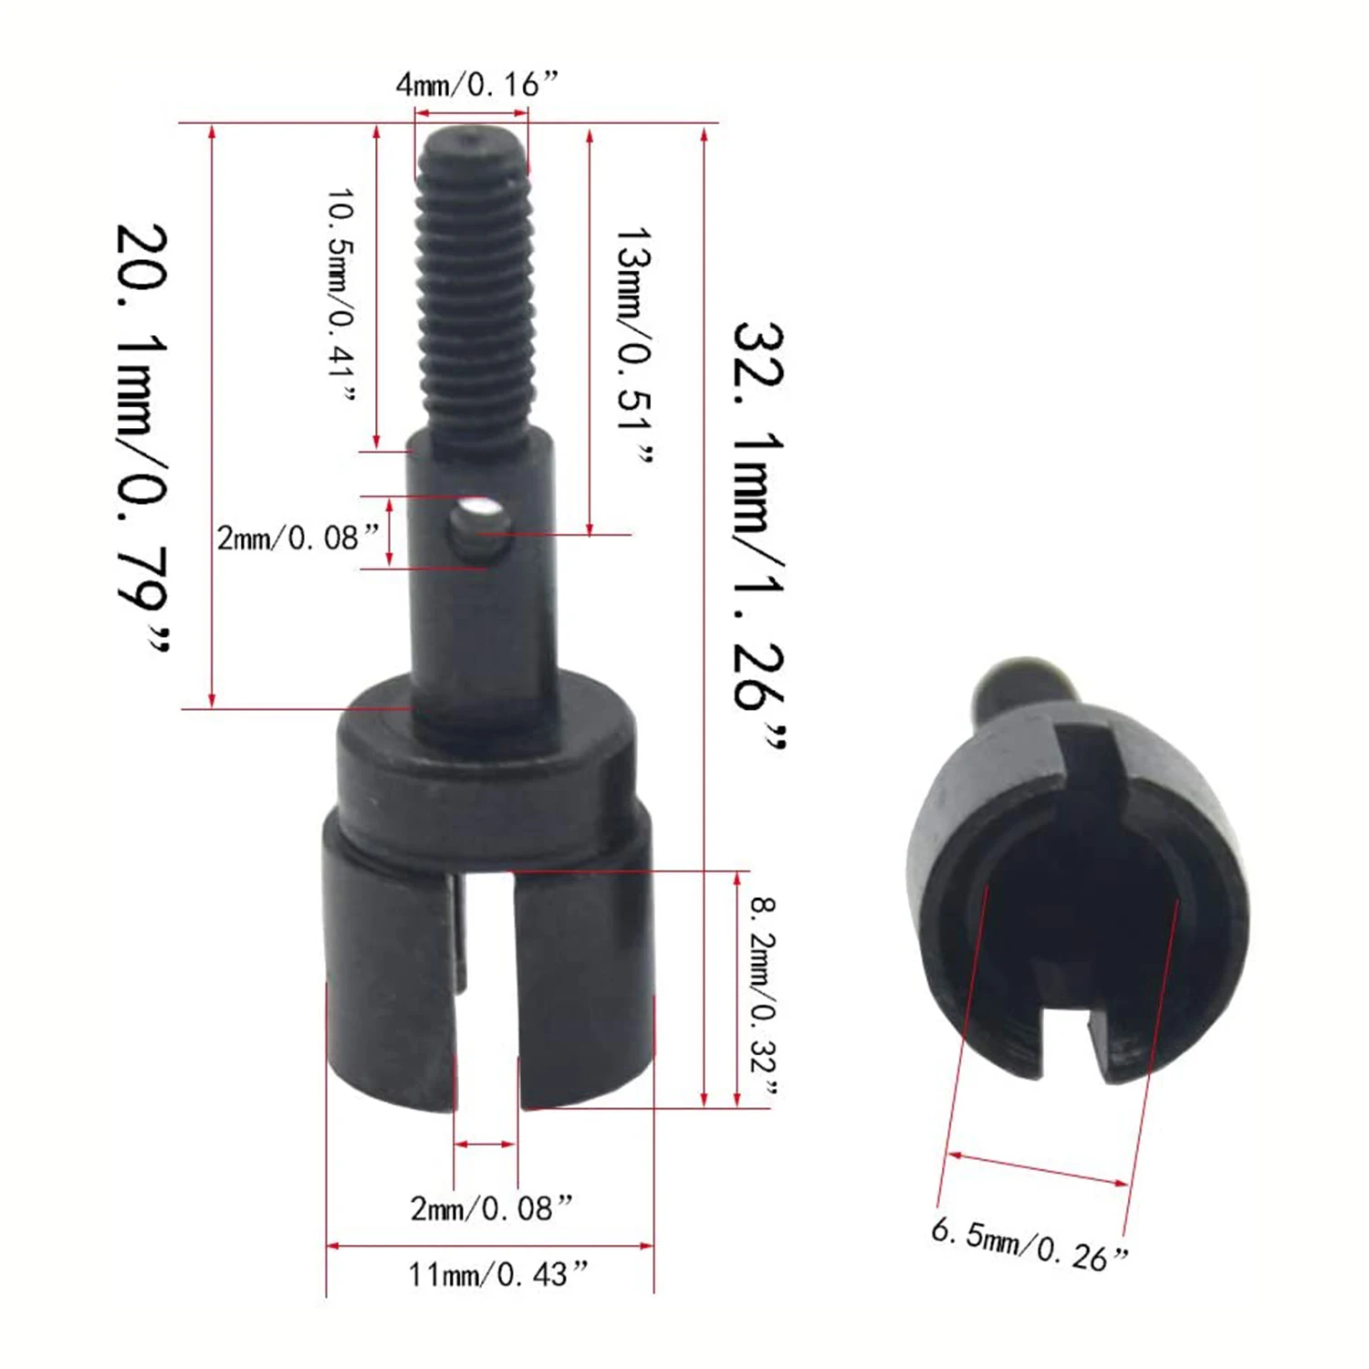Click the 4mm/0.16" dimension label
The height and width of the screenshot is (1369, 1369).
tap(475, 85)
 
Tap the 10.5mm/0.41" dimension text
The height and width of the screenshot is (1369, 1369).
tap(342, 295)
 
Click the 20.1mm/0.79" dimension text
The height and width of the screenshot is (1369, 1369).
tap(143, 438)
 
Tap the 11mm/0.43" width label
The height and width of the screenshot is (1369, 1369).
tap(497, 1274)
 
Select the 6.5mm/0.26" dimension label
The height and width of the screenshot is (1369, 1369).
tap(1029, 1243)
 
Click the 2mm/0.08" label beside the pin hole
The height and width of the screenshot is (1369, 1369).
tap(297, 538)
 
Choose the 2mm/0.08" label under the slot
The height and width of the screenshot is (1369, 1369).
tap(491, 1209)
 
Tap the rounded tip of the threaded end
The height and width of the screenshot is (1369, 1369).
tap(471, 141)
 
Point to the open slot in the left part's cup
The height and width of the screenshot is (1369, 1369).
tap(487, 986)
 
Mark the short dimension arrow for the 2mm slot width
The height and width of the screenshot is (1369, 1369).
tap(486, 1144)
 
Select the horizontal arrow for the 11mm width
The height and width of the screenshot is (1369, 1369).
tap(490, 1245)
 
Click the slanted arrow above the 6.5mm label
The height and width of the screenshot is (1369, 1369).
tap(1038, 1169)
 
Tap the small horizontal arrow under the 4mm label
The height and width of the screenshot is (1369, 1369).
tap(472, 113)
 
